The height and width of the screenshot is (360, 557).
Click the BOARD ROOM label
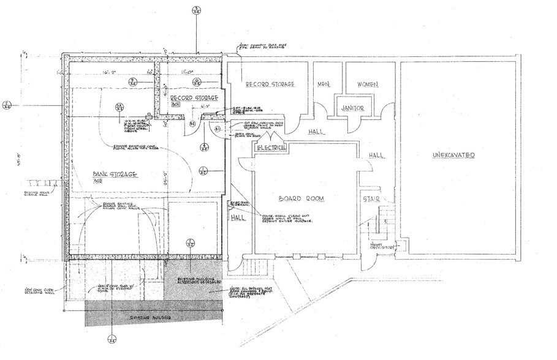[300, 199]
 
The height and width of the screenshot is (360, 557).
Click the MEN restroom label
[324, 84]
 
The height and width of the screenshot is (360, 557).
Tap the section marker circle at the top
[196, 10]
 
